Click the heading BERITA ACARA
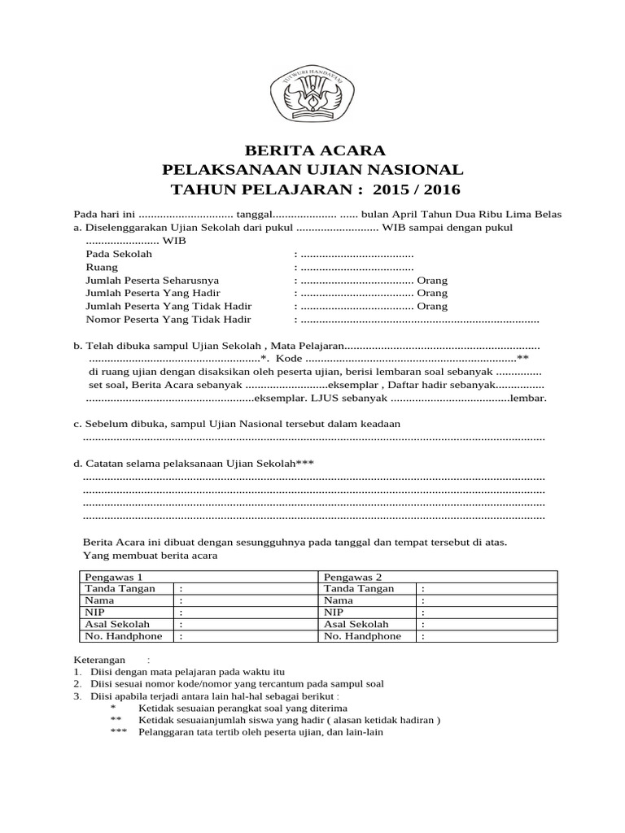pos(312,151)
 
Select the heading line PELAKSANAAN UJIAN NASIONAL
pos(313,170)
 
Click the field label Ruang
pos(101,267)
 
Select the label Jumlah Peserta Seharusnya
pos(152,280)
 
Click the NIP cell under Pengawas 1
pos(94,612)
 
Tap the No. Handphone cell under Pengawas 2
pos(362,636)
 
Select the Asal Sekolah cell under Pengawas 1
pos(115,624)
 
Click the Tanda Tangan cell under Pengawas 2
pos(358,588)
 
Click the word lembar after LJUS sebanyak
pos(527,399)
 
